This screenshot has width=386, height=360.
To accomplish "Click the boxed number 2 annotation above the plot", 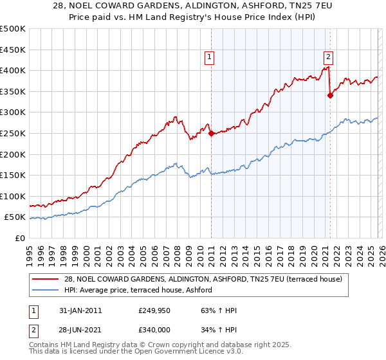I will pos(328,56).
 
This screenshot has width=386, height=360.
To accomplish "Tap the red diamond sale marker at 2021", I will pos(330,95).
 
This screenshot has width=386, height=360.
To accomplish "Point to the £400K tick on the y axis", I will pos(13,71).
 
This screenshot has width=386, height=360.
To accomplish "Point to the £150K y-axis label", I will pos(13,175).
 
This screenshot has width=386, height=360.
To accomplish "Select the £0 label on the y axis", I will pos(19,239).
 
